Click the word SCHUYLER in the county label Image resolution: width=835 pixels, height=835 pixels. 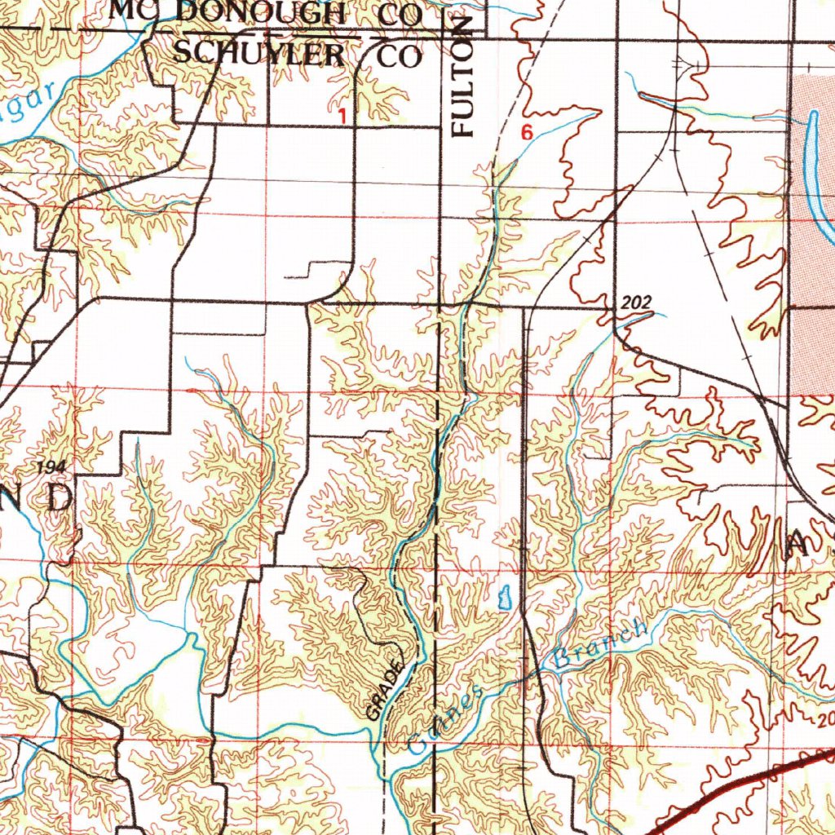(259, 54)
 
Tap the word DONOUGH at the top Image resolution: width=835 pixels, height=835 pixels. (259, 12)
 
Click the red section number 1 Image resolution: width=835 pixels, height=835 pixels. (342, 117)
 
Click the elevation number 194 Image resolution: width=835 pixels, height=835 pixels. (50, 466)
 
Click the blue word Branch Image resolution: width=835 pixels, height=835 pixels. (601, 645)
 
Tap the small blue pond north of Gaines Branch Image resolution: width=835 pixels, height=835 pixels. (503, 598)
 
